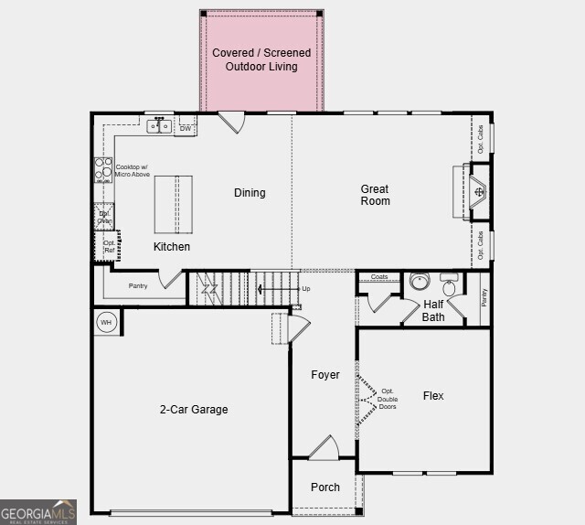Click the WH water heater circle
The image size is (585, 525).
click(x=106, y=322)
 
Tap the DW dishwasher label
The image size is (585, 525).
click(x=186, y=129)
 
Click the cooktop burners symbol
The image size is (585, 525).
click(x=101, y=171)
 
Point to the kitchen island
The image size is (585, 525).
click(x=174, y=205)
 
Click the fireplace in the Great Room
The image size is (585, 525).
click(x=479, y=192)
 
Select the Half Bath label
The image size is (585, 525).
click(x=433, y=311)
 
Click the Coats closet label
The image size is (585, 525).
click(x=379, y=277)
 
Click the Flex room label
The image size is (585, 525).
click(x=433, y=396)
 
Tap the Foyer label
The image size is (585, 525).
click(x=324, y=375)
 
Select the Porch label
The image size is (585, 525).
click(x=324, y=487)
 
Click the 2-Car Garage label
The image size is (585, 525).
click(x=194, y=410)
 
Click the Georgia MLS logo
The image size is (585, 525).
click(x=38, y=512)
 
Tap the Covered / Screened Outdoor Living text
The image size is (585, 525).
click(x=261, y=59)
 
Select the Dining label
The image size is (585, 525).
click(x=250, y=193)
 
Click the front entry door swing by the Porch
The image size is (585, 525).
click(x=324, y=448)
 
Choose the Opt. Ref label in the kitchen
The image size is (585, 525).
click(x=109, y=246)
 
